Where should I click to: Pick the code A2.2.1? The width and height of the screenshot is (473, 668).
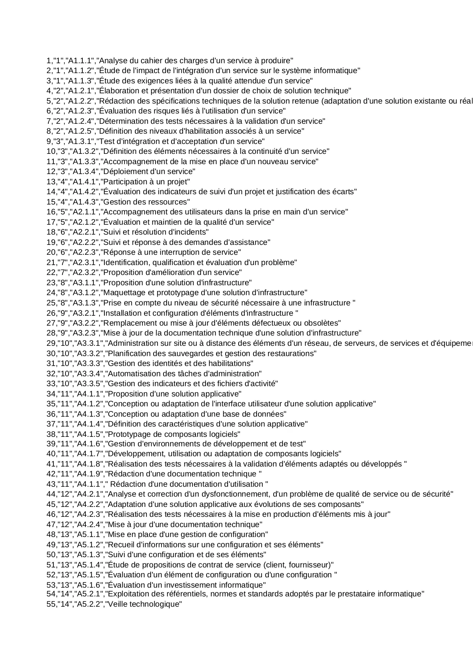[x=86, y=232]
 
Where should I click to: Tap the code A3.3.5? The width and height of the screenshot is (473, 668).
[x=89, y=384]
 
